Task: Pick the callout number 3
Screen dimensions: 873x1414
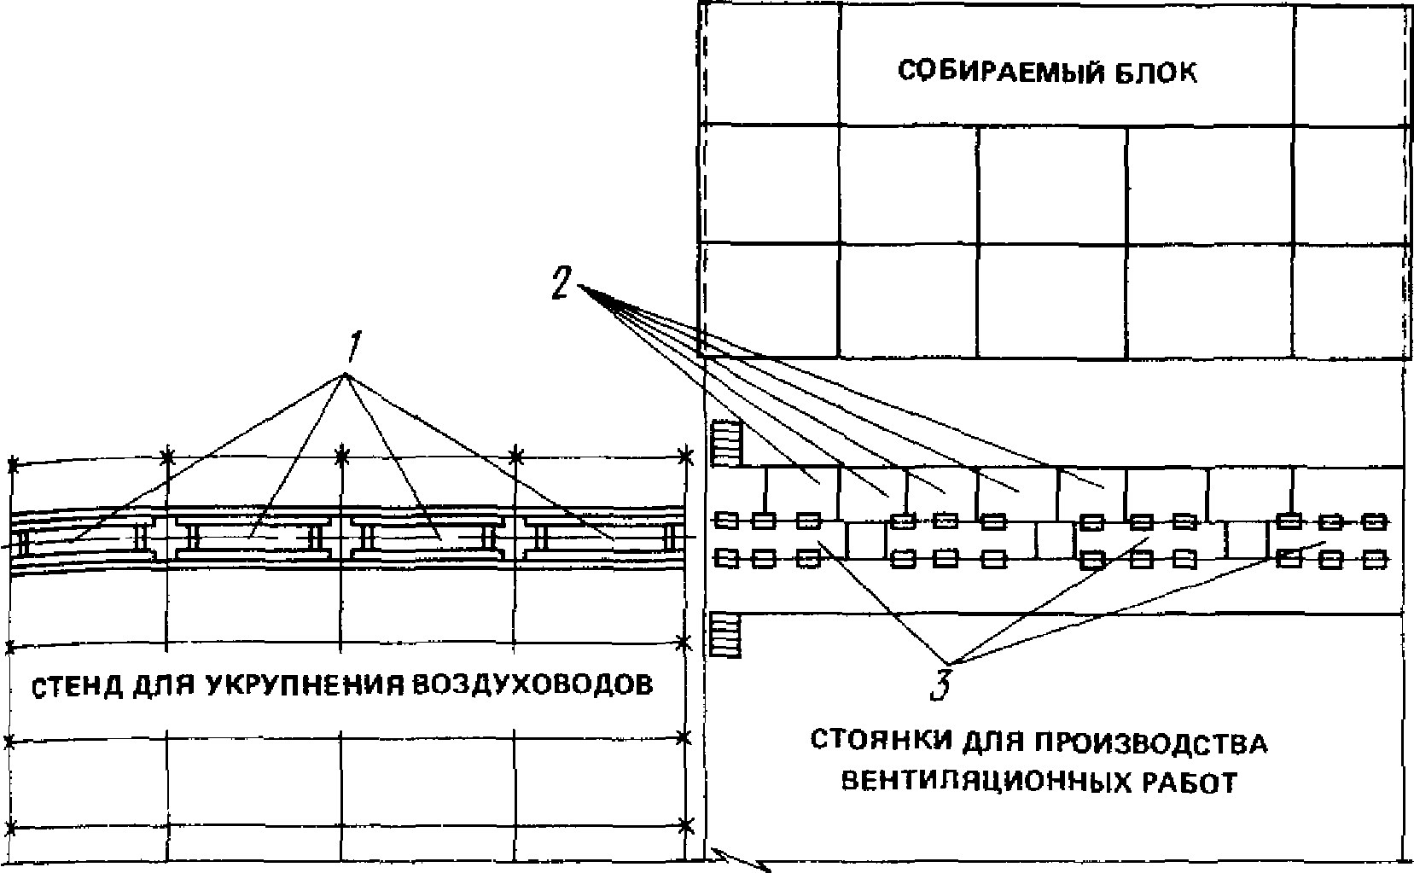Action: [x=940, y=684]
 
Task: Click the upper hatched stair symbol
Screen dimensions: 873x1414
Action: [x=726, y=443]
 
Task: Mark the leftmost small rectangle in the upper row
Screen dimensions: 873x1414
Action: [x=726, y=520]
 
